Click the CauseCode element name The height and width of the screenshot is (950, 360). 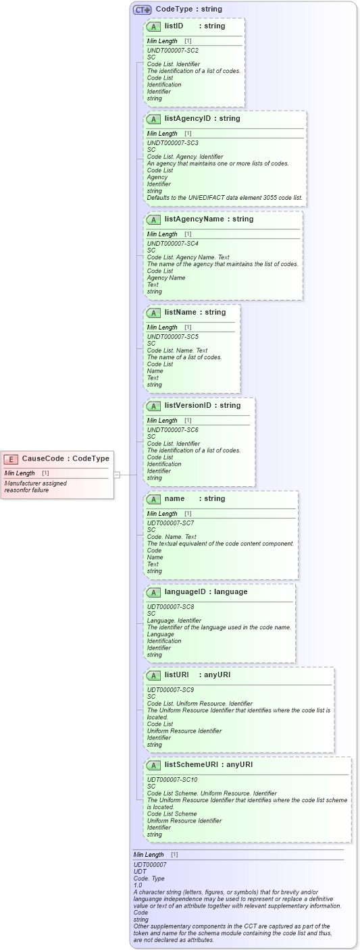(43, 458)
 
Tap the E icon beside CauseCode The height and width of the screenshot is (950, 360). (11, 459)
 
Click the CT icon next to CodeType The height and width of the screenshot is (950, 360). (142, 9)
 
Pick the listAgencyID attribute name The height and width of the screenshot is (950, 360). (187, 118)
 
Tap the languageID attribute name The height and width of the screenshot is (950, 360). (184, 591)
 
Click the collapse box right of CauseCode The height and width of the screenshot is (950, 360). (117, 475)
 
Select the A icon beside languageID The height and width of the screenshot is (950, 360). (153, 592)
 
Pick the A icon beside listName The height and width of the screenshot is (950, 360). (153, 313)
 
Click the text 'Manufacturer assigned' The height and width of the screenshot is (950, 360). (35, 483)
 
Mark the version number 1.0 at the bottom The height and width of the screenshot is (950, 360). (138, 885)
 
